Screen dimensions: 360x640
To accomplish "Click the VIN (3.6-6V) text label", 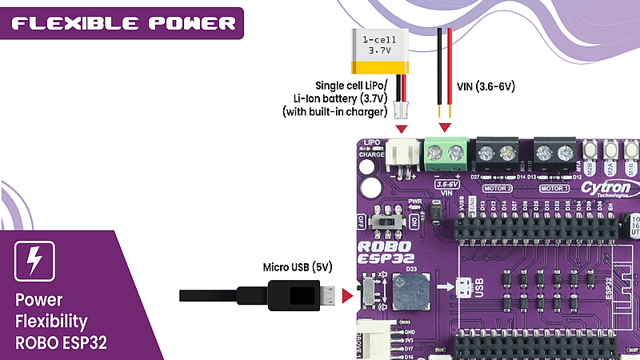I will (x=485, y=86).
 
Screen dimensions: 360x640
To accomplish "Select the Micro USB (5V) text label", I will (x=297, y=266).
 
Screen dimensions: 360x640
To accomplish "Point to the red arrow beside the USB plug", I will (x=346, y=297).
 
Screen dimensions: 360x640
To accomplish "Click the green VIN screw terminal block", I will (x=446, y=153).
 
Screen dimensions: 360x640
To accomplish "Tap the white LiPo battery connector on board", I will (x=401, y=155).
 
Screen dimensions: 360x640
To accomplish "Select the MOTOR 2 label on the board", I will (x=499, y=188).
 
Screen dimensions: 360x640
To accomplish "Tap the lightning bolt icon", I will (x=34, y=260).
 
